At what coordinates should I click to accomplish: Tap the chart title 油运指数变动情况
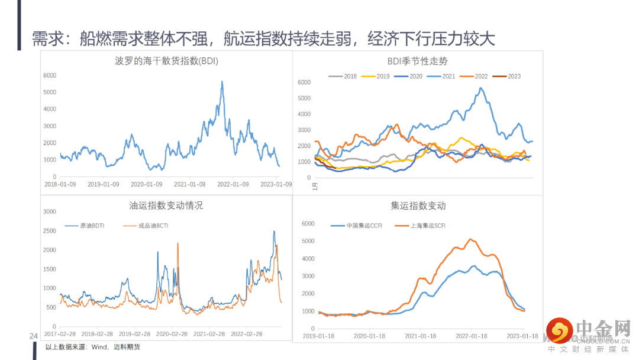point(166,205)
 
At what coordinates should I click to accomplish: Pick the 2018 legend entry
point(350,76)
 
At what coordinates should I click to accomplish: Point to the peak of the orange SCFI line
point(470,239)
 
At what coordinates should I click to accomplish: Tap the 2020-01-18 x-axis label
point(369,336)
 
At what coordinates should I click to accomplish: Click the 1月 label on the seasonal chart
point(315,186)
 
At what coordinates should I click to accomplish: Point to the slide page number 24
point(34,336)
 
